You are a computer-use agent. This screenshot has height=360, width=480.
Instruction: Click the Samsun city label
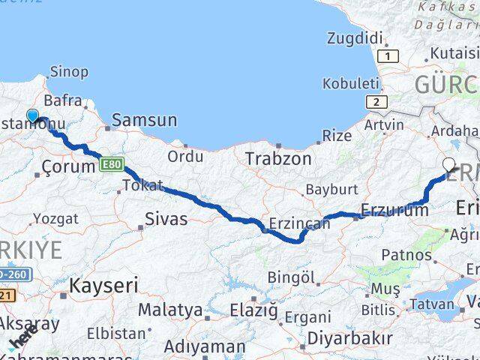(145, 120)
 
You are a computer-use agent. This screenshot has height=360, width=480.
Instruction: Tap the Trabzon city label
(279, 158)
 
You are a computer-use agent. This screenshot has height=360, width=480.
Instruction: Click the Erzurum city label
(394, 210)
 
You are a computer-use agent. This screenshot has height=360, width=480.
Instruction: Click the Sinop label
(68, 72)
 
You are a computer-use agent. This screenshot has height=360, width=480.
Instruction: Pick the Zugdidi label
(355, 37)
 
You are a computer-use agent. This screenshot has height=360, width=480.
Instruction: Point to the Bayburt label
(326, 190)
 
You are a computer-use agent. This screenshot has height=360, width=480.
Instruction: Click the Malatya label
(170, 310)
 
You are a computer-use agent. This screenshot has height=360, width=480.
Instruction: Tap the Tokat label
(142, 185)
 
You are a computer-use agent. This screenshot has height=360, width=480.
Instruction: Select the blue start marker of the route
(33, 115)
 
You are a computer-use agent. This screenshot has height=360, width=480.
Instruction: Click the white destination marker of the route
(449, 164)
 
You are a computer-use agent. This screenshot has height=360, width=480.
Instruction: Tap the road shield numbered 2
(375, 102)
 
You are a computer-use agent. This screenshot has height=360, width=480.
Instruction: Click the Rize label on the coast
(336, 136)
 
